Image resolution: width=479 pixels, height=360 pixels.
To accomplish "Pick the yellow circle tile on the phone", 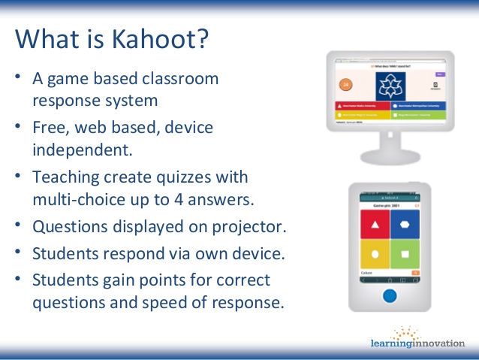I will click(374, 255).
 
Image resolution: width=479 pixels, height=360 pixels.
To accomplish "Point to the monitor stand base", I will click(389, 157).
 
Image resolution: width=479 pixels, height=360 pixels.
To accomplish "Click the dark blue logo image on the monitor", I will click(390, 85).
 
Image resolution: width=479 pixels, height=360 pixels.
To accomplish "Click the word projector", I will click(252, 227).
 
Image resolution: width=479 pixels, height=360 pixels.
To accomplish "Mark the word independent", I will click(82, 149).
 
